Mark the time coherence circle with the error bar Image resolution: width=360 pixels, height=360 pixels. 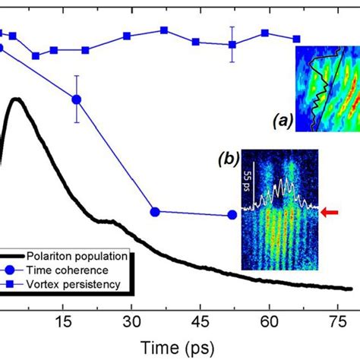pos(76,99)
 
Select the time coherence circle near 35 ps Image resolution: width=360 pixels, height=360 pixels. pos(154,212)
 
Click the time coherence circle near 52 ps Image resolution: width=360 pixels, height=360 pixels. pos(233,215)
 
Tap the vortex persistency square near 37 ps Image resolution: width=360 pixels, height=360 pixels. pos(163,30)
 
